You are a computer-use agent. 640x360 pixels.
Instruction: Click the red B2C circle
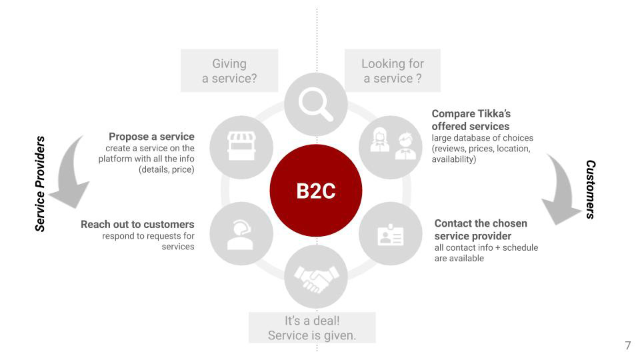tap(316, 191)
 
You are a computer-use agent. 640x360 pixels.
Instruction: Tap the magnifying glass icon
tap(315, 105)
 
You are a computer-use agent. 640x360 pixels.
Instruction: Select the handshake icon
tap(316, 279)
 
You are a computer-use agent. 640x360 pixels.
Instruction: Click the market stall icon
tap(241, 146)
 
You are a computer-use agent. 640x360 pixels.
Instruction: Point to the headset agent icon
tap(241, 235)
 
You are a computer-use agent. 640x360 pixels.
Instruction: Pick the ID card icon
tap(391, 235)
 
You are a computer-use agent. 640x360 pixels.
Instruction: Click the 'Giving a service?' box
tap(229, 71)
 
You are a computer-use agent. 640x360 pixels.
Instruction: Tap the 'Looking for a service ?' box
tap(393, 71)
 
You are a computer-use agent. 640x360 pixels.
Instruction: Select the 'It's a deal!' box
tap(312, 328)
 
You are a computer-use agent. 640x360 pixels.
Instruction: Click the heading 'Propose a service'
tap(151, 136)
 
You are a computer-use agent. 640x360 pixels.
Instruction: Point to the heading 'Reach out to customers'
tap(137, 224)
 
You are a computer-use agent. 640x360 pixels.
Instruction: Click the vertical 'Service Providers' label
tap(39, 184)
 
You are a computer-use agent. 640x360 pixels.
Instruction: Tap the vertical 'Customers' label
tap(590, 189)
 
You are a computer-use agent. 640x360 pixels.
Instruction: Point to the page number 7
tap(628, 345)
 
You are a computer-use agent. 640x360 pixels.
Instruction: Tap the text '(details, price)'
tap(167, 169)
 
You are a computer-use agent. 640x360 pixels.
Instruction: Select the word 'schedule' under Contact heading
tap(520, 247)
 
